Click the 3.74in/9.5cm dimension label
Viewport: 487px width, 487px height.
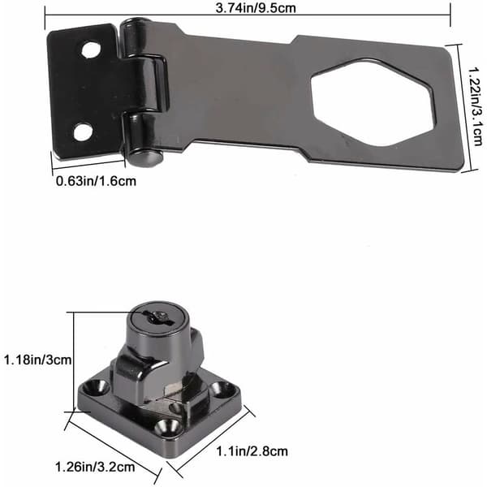click(x=256, y=8)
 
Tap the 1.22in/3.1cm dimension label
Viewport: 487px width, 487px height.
click(x=476, y=106)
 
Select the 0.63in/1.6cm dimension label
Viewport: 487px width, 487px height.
click(x=96, y=181)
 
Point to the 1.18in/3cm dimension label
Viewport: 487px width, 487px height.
click(x=37, y=360)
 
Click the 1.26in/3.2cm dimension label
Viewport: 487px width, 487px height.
click(x=95, y=467)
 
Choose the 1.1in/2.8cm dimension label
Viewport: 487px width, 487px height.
click(x=252, y=451)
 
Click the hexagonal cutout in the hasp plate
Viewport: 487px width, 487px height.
click(x=373, y=103)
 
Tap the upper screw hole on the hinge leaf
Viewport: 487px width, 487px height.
click(x=91, y=50)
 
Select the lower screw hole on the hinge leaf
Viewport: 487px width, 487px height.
click(x=83, y=132)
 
